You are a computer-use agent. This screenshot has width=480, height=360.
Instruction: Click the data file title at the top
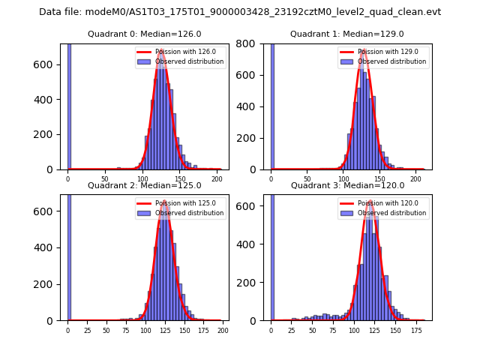click(x=240, y=12)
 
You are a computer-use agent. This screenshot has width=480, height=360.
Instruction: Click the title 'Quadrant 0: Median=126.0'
click(x=145, y=34)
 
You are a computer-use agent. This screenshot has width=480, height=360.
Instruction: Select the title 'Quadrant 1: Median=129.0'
click(x=347, y=34)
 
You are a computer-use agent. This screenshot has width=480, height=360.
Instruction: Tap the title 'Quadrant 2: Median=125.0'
click(x=145, y=185)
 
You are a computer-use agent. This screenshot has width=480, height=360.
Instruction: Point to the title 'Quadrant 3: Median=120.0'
click(x=347, y=185)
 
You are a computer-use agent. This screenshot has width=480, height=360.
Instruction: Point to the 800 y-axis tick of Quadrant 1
click(x=253, y=43)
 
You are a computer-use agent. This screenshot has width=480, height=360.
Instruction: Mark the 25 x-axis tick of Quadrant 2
click(x=87, y=330)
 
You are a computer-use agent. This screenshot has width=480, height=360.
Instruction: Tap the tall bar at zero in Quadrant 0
click(x=69, y=105)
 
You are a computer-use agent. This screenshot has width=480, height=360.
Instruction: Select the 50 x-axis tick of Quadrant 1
click(x=307, y=178)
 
